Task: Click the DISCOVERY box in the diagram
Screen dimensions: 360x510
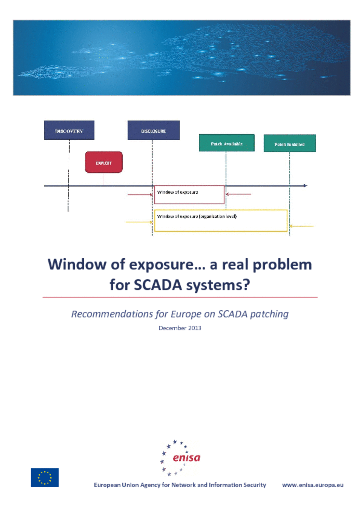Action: [x=69, y=130]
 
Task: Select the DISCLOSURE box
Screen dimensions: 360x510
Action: [x=153, y=130]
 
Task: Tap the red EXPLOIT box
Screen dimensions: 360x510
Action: [x=104, y=162]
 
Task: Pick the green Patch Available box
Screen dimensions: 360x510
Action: [x=227, y=143]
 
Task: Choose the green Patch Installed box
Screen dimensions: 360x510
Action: [x=290, y=143]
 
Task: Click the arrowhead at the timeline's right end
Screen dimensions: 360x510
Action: [x=305, y=186]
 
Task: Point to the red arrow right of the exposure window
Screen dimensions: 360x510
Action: [x=238, y=194]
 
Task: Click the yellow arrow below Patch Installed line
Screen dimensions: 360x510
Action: [x=302, y=226]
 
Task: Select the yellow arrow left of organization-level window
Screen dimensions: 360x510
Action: [x=139, y=222]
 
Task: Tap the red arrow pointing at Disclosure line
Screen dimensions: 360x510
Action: [x=140, y=195]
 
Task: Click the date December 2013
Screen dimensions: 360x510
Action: [x=180, y=328]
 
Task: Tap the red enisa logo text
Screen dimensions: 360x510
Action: [x=186, y=458]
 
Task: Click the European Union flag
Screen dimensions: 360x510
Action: [x=45, y=477]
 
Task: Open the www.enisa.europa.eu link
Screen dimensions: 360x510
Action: [x=313, y=485]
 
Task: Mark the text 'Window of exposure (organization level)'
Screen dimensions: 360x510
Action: [x=197, y=216]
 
